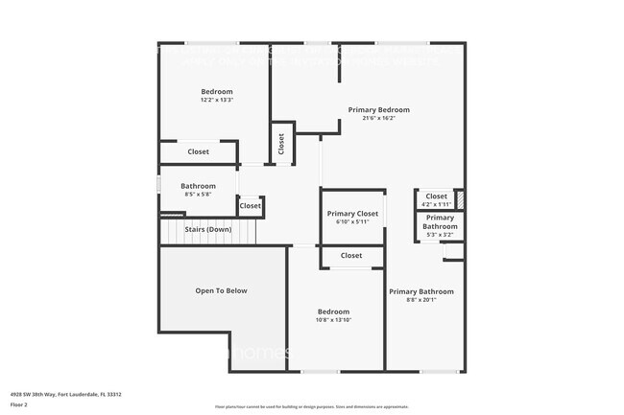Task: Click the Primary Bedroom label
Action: (x=379, y=109)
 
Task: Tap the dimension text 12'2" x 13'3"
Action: (x=217, y=100)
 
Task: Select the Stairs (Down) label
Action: (x=208, y=229)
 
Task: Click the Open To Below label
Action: (x=222, y=290)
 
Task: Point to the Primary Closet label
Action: (x=352, y=213)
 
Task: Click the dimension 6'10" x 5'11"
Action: (x=352, y=221)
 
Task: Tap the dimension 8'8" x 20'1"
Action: (x=420, y=299)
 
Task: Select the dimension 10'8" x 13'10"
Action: (x=333, y=319)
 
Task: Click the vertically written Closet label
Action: (x=281, y=144)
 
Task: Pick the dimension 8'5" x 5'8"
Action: (x=198, y=194)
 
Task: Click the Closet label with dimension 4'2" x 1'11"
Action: (x=436, y=196)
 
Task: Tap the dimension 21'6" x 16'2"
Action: (x=379, y=118)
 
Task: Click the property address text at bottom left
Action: (x=65, y=394)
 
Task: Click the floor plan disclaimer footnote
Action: (x=311, y=407)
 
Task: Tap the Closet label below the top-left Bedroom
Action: (x=198, y=151)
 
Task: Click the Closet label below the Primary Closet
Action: (x=351, y=256)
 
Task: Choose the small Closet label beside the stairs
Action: (x=250, y=205)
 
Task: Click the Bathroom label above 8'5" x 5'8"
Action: (x=198, y=186)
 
